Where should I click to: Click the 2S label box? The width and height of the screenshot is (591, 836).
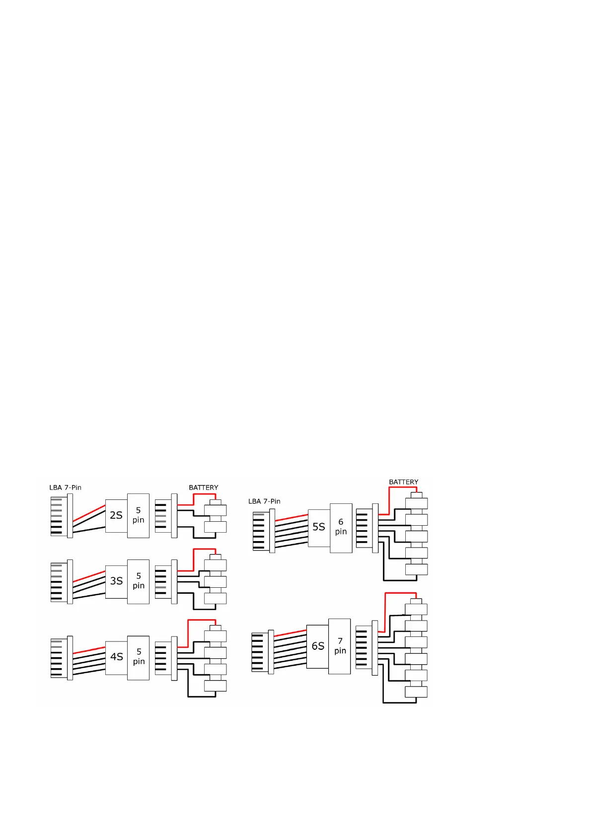[116, 516]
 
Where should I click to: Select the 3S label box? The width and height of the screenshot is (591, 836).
[116, 581]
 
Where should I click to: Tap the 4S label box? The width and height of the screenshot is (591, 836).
[116, 657]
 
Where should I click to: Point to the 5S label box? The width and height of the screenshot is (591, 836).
[318, 528]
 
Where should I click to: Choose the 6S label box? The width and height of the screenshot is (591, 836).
[317, 646]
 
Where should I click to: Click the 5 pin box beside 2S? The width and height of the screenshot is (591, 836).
[138, 516]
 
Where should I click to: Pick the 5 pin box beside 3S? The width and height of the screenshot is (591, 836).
[138, 581]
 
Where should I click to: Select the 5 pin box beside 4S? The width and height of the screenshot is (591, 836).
[138, 657]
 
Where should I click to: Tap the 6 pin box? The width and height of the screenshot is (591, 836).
[341, 528]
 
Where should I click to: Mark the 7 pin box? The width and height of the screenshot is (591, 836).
[340, 646]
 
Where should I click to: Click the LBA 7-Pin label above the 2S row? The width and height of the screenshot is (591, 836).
[65, 488]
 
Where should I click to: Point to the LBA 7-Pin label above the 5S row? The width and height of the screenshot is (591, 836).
[264, 501]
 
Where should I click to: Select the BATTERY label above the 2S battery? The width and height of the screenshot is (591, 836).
[203, 488]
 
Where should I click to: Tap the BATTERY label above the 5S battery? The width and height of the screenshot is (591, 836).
[403, 482]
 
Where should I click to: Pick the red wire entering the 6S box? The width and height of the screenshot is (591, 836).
[290, 633]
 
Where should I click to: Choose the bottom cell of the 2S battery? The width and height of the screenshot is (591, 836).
[216, 527]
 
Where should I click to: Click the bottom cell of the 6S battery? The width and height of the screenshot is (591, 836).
[416, 692]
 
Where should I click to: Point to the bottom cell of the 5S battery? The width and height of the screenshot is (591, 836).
[416, 570]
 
